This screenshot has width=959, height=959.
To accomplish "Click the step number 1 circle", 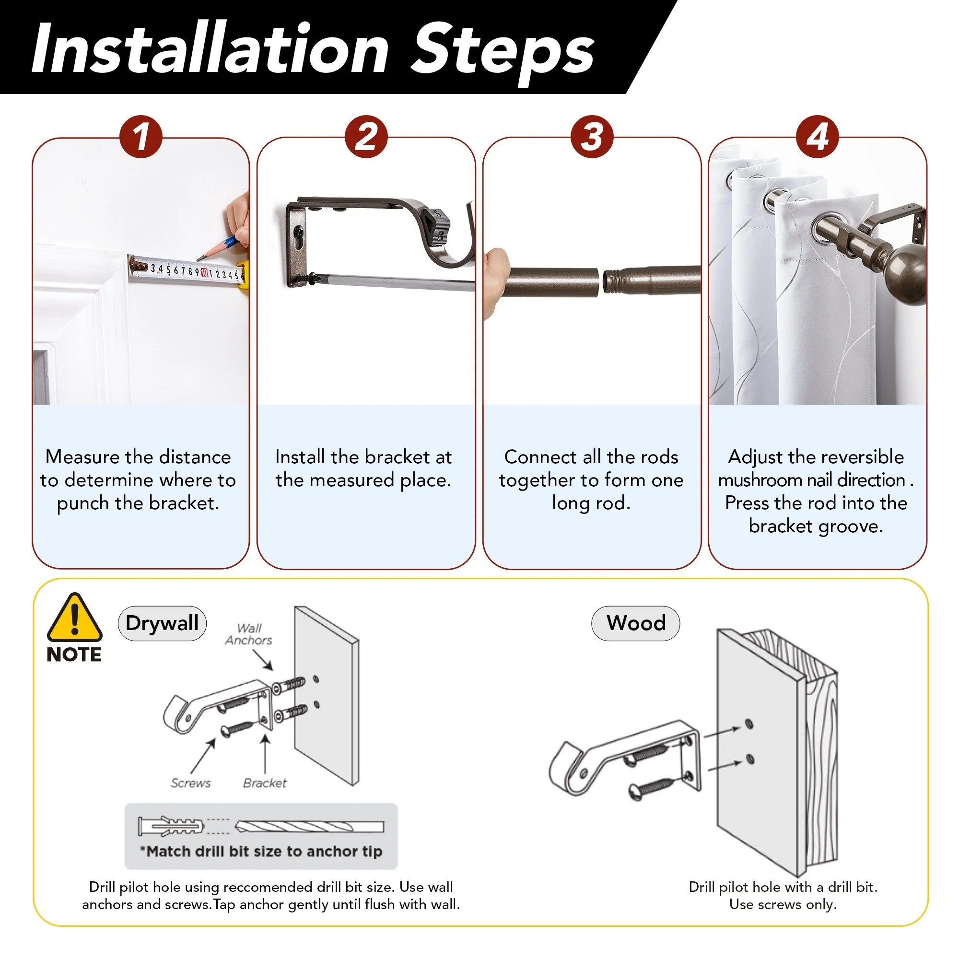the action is (141, 137).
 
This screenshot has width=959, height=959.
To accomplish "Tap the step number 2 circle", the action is (366, 137).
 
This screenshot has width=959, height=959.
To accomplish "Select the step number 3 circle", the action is (592, 137).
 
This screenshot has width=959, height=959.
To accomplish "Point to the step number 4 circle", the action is (818, 137).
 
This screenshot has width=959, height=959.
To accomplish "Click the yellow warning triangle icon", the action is (74, 619).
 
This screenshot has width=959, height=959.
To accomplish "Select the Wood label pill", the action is (636, 623).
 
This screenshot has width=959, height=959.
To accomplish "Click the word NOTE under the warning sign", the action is (74, 655).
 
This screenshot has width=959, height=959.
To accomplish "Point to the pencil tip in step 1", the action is (198, 259).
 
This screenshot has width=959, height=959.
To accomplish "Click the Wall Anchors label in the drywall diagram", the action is (249, 634).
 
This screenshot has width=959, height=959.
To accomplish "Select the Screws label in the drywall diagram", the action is (191, 783).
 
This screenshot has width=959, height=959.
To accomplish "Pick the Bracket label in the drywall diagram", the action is (265, 783).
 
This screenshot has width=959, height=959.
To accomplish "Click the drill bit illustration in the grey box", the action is (309, 827).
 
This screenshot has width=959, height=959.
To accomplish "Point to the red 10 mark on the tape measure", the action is (204, 272).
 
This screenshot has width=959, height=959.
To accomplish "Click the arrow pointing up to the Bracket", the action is (266, 754).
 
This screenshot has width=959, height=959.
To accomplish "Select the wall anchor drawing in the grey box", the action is (171, 827).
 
